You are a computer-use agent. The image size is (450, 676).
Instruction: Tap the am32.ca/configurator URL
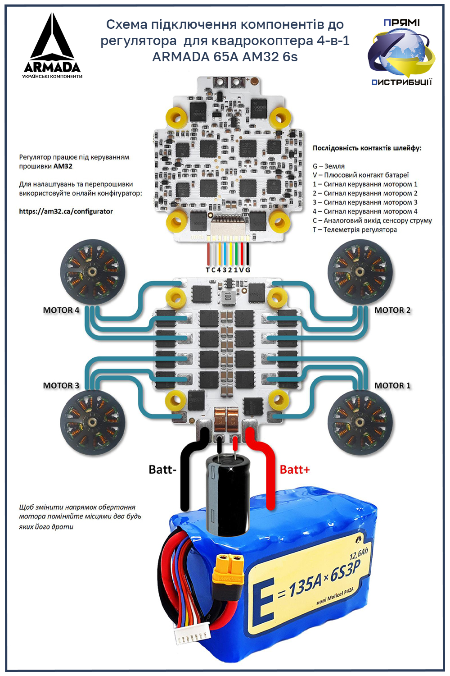coord(66,211)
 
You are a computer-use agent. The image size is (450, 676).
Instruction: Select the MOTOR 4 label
coord(61,310)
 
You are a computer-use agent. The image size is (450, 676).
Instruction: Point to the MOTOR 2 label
coord(392,310)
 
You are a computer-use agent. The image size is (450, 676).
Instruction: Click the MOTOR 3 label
coord(61,385)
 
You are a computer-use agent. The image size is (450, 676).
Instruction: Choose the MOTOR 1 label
coord(392,385)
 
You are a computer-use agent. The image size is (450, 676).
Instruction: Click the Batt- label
coord(162,470)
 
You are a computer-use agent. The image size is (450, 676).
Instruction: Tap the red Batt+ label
coord(295,470)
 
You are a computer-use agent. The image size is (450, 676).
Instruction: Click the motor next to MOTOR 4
coord(92,271)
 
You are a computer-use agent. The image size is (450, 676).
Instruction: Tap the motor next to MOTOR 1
coord(359,422)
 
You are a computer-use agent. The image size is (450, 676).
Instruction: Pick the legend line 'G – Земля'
coord(328,166)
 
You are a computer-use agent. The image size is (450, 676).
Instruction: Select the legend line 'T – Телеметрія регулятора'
coord(355,229)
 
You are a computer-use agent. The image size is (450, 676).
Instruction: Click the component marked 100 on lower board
coord(228,296)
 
